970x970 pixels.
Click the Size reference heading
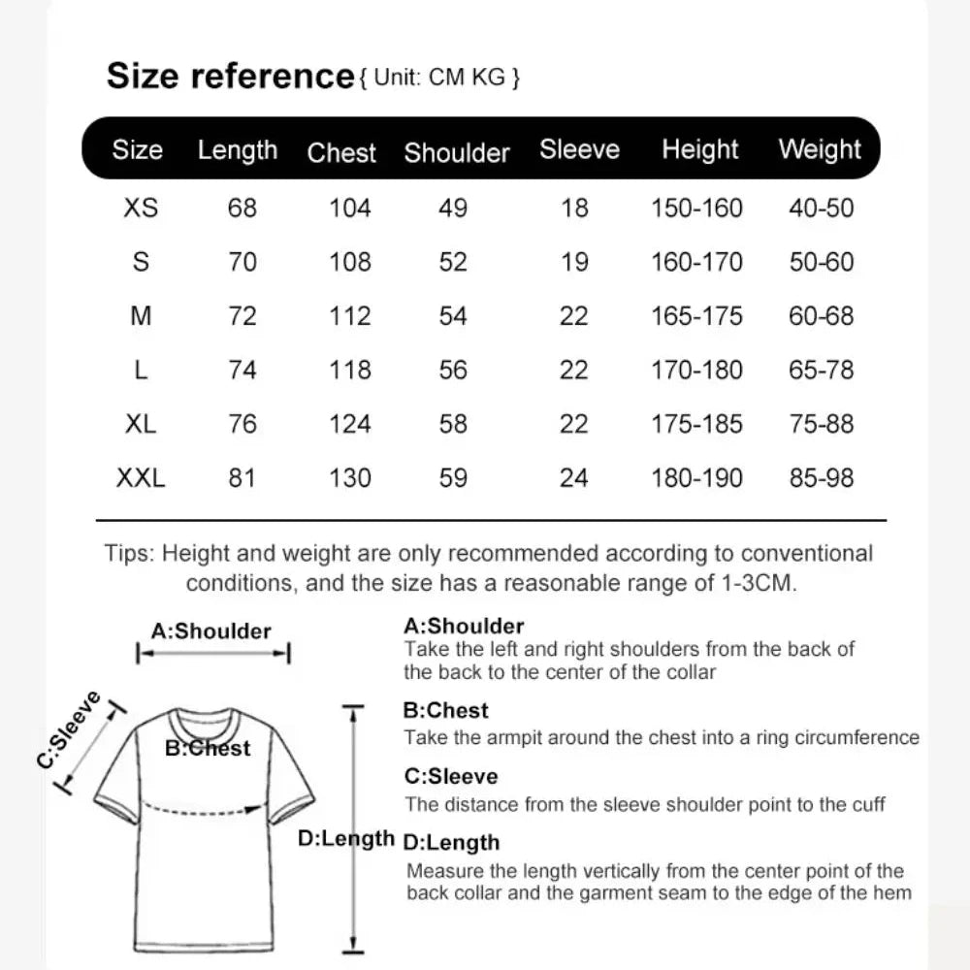[230, 76]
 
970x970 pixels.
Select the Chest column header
[341, 152]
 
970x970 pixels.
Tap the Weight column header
[820, 149]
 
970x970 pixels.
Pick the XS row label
[141, 208]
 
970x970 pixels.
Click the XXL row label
[141, 477]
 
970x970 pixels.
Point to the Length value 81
[242, 477]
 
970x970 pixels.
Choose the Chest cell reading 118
[350, 370]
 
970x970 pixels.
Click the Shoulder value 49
[453, 208]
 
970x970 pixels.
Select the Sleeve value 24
[574, 477]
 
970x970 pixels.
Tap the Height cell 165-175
[697, 315]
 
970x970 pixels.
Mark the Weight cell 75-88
[822, 424]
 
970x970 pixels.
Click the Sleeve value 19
[574, 262]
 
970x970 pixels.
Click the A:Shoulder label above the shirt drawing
[211, 631]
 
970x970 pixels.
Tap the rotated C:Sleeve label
[70, 728]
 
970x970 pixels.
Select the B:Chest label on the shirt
[208, 748]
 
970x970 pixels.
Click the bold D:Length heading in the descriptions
[451, 842]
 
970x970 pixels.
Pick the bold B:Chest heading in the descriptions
[445, 710]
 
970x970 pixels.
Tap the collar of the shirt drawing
[205, 722]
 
